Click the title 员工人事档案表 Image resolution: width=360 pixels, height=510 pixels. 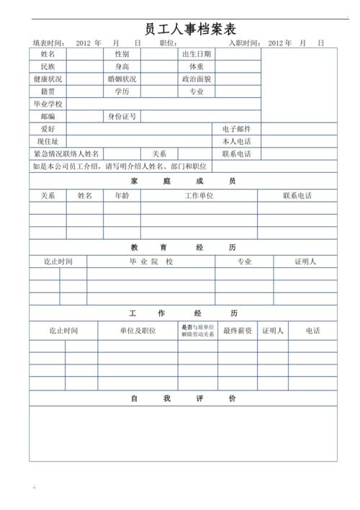click(x=180, y=29)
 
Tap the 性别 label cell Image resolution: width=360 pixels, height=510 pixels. click(x=122, y=54)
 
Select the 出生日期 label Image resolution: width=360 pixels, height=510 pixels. click(x=197, y=54)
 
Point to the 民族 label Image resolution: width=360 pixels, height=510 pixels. click(x=48, y=66)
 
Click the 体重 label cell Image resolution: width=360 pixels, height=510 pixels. click(x=197, y=66)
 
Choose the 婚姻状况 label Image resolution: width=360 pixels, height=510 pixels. click(x=122, y=79)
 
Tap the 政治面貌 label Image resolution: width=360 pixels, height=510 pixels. click(x=197, y=79)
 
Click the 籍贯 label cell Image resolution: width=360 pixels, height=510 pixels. click(x=48, y=91)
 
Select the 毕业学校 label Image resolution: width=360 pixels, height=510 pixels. click(x=48, y=104)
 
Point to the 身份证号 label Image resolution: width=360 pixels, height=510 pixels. click(x=122, y=116)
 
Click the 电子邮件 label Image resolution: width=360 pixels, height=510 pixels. click(x=237, y=129)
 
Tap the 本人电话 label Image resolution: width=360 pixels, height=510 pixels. click(x=237, y=141)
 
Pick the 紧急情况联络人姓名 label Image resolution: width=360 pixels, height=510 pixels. click(x=66, y=154)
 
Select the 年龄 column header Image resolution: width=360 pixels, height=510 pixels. click(x=122, y=195)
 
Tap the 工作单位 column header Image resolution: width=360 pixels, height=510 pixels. click(x=199, y=195)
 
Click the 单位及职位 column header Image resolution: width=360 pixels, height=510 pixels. click(x=138, y=331)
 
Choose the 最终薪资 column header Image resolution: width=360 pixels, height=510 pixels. click(x=237, y=331)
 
